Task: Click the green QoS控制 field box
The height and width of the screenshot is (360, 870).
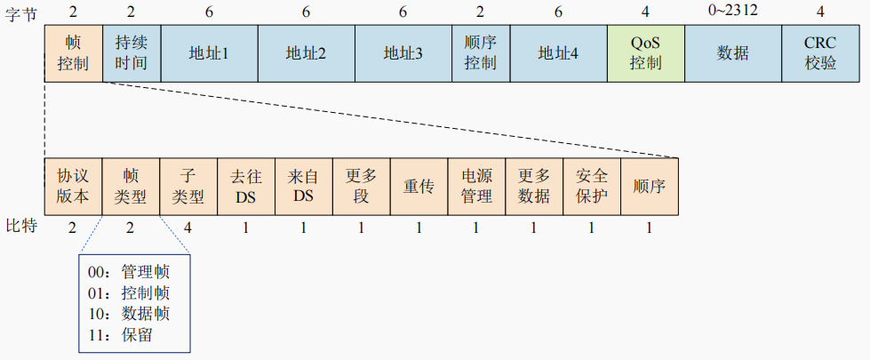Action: (x=646, y=53)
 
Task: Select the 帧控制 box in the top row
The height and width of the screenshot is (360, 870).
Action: (x=74, y=53)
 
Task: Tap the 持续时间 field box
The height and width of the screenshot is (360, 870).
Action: (x=132, y=53)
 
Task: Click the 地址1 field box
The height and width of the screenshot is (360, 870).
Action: (x=209, y=53)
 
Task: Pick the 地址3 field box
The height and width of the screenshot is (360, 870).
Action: (x=403, y=53)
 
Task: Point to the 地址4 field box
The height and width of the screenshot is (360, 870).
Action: (x=559, y=53)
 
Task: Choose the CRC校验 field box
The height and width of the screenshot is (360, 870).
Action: (x=819, y=53)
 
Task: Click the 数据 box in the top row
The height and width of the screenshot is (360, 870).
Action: (x=733, y=53)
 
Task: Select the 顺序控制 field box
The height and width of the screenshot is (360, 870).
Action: (x=481, y=53)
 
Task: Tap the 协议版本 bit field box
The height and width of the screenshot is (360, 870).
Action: (x=73, y=187)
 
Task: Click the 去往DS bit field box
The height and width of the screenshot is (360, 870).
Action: (x=246, y=187)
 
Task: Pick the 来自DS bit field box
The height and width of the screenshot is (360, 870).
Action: (x=304, y=187)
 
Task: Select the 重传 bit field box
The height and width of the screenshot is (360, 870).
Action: (x=419, y=187)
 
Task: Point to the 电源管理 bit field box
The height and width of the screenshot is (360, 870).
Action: (x=476, y=187)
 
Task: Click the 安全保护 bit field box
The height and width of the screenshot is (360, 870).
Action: (x=592, y=187)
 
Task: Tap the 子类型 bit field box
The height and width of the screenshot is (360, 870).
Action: (x=188, y=187)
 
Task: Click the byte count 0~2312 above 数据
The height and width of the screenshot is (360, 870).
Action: (x=733, y=10)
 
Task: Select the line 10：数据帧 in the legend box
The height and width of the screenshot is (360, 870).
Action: (x=129, y=314)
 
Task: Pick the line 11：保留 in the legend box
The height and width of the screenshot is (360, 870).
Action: (x=120, y=335)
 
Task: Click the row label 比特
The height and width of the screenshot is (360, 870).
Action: (x=21, y=227)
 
